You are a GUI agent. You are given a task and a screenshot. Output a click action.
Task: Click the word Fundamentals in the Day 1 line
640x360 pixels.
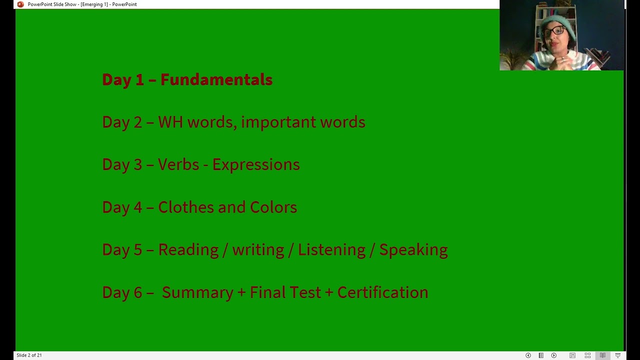click(216, 80)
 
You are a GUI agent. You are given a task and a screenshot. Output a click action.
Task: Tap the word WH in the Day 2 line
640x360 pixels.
click(170, 122)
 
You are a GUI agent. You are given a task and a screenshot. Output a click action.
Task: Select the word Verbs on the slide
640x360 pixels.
click(178, 165)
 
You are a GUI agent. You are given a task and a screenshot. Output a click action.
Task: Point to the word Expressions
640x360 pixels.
click(256, 165)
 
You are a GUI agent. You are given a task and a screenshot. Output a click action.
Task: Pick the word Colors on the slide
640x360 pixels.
click(273, 207)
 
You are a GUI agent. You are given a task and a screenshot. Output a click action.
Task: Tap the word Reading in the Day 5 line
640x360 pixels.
click(188, 250)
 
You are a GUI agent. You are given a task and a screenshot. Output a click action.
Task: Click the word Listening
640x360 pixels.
click(331, 250)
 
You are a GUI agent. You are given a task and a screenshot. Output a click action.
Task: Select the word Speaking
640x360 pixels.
click(413, 250)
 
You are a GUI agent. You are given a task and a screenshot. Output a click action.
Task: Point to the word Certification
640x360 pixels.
click(382, 292)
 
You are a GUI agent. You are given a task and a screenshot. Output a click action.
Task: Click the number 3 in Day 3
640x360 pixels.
click(137, 165)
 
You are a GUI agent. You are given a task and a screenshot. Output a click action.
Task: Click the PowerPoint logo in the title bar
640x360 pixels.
click(20, 4)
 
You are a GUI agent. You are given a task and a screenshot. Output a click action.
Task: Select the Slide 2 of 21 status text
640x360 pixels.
click(29, 355)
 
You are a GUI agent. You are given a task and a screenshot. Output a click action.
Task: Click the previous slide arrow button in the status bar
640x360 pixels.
click(528, 355)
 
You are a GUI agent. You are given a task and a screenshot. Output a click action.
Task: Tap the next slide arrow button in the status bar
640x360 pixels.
click(553, 355)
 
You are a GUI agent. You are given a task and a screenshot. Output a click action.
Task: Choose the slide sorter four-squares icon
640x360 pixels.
click(587, 355)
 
